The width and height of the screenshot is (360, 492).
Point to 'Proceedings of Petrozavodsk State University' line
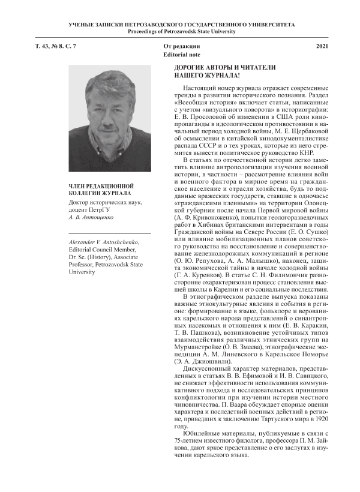point(179,31)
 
